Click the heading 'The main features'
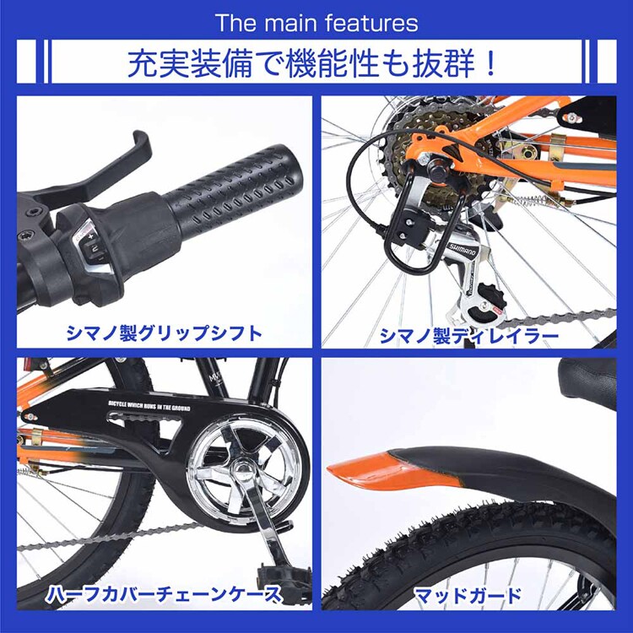click(x=316, y=22)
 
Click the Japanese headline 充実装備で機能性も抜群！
click(x=316, y=64)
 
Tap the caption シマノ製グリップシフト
click(x=164, y=333)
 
